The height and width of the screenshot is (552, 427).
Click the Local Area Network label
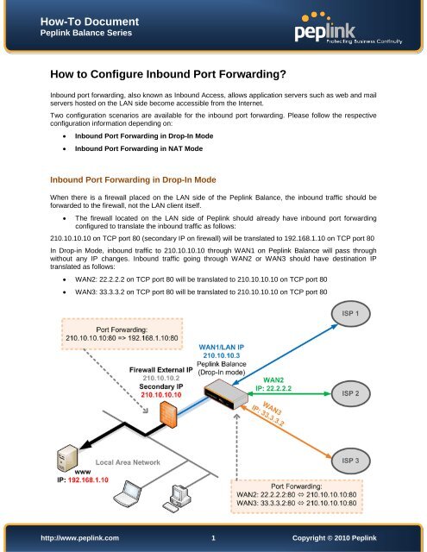[x=128, y=462]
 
